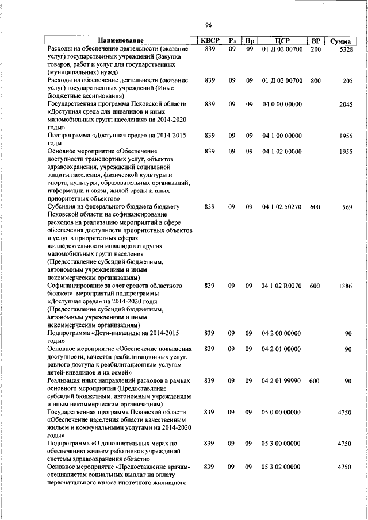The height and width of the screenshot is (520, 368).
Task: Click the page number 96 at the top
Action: pos(209,25)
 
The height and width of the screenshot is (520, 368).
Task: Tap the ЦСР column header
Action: pos(282,41)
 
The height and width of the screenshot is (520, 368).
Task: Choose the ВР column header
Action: pos(315,41)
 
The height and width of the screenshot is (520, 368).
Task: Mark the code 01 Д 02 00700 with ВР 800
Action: pos(282,80)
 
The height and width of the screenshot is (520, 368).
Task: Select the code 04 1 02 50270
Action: pos(282,207)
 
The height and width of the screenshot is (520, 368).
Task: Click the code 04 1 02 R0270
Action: pos(282,286)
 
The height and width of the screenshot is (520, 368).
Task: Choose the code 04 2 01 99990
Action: pos(282,381)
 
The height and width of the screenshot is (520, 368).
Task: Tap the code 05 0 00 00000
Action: pos(282,412)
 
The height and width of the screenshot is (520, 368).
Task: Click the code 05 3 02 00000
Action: pos(282,467)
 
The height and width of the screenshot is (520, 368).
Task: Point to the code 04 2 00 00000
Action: pos(282,333)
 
